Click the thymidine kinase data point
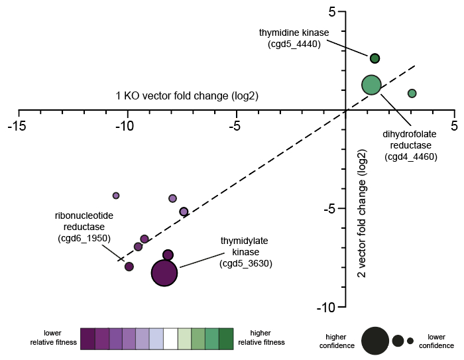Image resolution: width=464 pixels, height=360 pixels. coord(375,58)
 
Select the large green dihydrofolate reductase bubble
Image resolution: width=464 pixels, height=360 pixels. coord(371,85)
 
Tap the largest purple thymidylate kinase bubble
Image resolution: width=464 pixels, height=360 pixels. coord(164,272)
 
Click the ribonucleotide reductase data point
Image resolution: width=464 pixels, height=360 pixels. coord(129,267)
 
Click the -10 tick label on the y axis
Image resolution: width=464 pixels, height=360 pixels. coord(329,307)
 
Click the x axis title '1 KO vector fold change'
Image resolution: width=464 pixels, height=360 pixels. coord(187,96)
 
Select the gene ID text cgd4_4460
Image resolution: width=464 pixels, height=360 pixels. coord(410,157)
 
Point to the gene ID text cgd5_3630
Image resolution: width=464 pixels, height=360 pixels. coord(247,263)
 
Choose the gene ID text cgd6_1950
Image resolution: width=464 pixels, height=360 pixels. coord(83,237)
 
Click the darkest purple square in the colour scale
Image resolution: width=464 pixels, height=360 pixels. coord(87,337)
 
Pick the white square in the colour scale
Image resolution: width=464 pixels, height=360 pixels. coord(170,337)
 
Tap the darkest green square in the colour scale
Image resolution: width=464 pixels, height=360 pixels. coord(226,337)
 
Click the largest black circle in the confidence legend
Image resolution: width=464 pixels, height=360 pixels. coord(375,341)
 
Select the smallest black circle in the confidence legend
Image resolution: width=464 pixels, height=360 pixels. coord(410,341)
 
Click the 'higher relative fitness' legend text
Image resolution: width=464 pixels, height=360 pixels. coord(261,337)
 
